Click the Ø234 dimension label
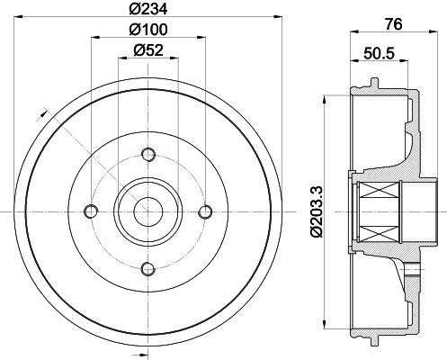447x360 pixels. click(x=148, y=9)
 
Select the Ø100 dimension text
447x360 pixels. click(x=148, y=30)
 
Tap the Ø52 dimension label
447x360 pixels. click(x=148, y=50)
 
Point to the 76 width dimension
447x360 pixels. click(x=393, y=24)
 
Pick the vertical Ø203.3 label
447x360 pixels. click(x=317, y=211)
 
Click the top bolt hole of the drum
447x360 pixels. click(x=148, y=155)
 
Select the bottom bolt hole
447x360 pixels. click(x=148, y=268)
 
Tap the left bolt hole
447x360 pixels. click(x=91, y=211)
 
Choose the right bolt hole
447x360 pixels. click(x=205, y=211)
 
